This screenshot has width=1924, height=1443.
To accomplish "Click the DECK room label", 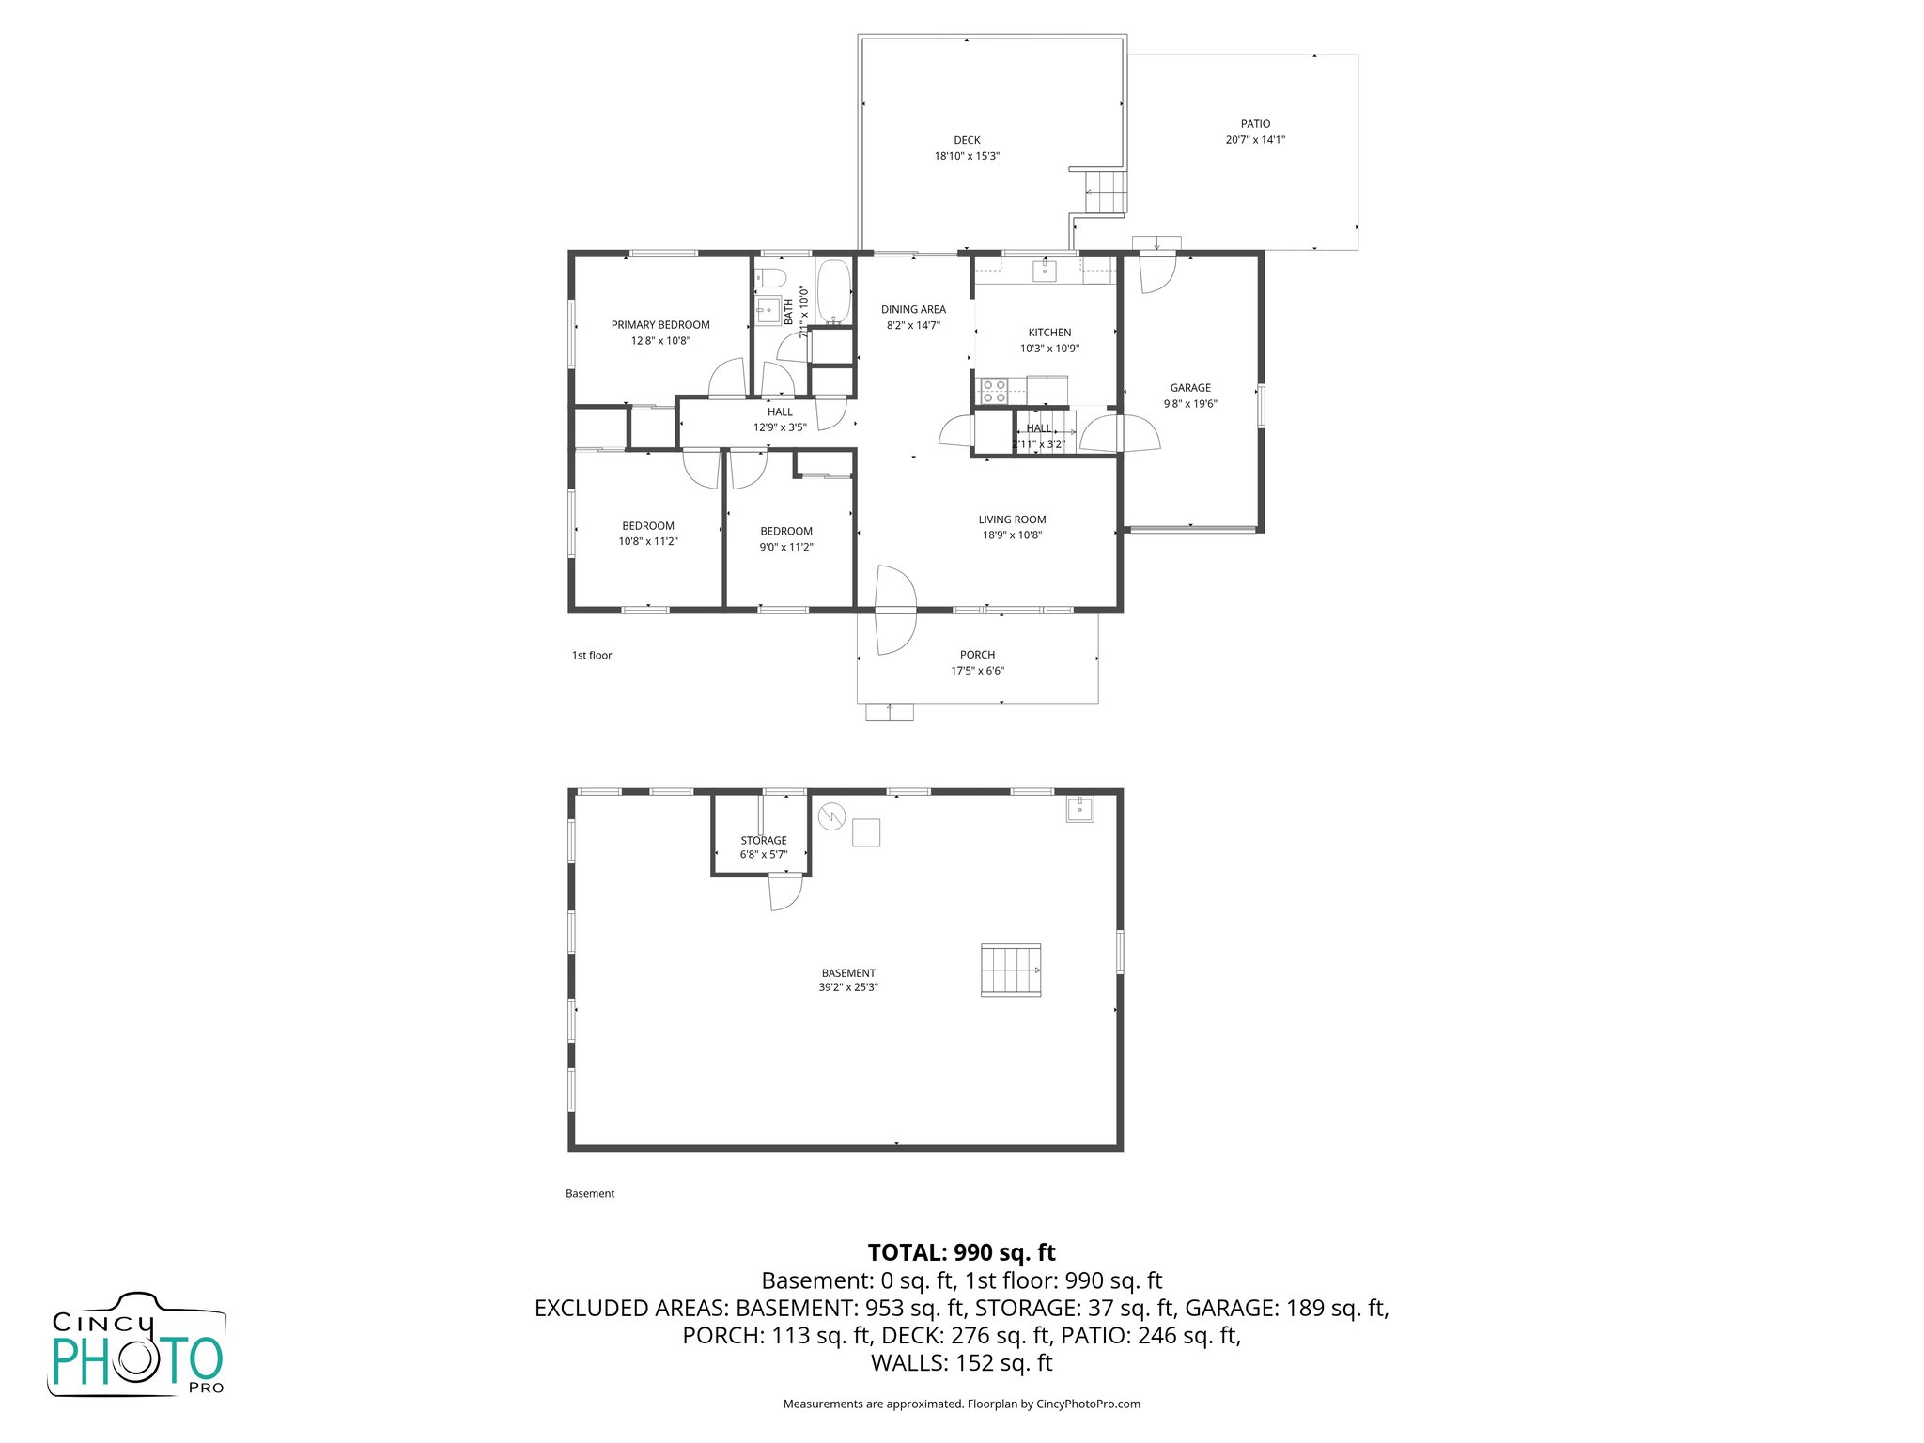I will [967, 140].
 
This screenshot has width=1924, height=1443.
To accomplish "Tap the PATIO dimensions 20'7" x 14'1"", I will [1255, 140].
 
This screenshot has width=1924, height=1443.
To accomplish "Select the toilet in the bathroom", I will [771, 277].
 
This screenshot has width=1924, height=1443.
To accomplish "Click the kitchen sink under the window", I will [1045, 272].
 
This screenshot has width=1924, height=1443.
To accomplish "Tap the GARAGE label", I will [1190, 387].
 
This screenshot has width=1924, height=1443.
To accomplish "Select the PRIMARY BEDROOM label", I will [660, 325].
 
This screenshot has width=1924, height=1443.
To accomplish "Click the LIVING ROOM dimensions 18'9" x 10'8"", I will [1012, 535].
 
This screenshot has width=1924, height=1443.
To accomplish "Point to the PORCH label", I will [977, 655].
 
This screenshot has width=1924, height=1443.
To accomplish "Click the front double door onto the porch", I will [894, 611].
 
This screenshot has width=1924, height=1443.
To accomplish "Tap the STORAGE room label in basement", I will [764, 841].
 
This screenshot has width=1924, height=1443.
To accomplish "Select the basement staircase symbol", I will [1012, 970].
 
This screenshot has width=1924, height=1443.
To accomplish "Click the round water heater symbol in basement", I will [831, 816].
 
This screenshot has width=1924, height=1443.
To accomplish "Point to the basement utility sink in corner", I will [1079, 808].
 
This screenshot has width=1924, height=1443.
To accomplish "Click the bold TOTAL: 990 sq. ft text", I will [961, 1252].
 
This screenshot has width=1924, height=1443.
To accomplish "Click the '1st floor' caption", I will [592, 656].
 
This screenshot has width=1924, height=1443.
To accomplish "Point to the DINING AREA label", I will [913, 309].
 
